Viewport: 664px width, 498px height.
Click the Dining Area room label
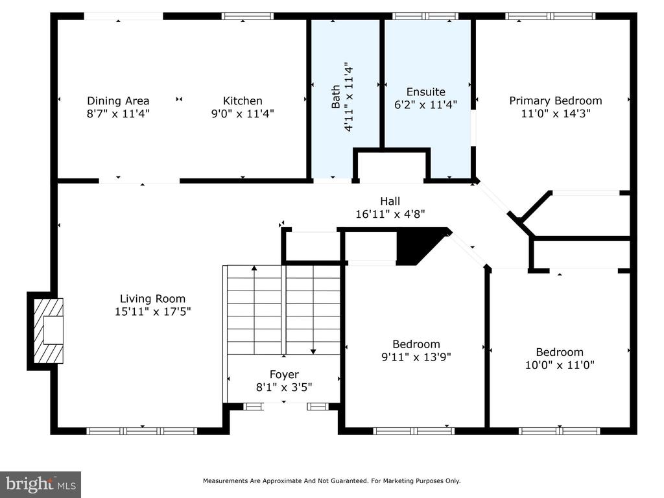pyautogui.click(x=118, y=101)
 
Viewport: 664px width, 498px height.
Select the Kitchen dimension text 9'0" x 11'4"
pyautogui.click(x=243, y=113)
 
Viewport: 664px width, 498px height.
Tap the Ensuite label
pyautogui.click(x=425, y=92)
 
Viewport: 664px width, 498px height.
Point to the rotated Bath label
pyautogui.click(x=335, y=97)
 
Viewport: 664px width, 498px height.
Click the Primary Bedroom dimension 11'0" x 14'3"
pyautogui.click(x=556, y=113)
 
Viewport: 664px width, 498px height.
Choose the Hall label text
pyautogui.click(x=390, y=201)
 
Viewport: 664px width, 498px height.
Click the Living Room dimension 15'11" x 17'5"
pyautogui.click(x=152, y=312)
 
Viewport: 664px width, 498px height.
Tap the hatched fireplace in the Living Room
pyautogui.click(x=48, y=331)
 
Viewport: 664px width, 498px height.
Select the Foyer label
pyautogui.click(x=284, y=374)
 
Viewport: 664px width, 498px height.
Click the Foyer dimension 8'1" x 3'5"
pyautogui.click(x=284, y=387)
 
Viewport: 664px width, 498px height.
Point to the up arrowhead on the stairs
pyautogui.click(x=254, y=268)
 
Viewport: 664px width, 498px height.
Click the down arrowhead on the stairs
pyautogui.click(x=313, y=351)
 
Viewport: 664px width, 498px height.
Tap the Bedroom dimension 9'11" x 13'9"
pyautogui.click(x=416, y=357)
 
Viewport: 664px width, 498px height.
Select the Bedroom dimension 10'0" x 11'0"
pyautogui.click(x=560, y=365)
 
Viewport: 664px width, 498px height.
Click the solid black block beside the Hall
pyautogui.click(x=420, y=246)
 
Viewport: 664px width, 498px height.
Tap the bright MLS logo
pyautogui.click(x=41, y=484)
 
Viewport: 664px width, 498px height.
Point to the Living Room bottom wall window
pyautogui.click(x=142, y=431)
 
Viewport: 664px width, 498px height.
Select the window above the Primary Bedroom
pyautogui.click(x=550, y=16)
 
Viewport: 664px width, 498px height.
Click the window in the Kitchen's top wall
pyautogui.click(x=248, y=16)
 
